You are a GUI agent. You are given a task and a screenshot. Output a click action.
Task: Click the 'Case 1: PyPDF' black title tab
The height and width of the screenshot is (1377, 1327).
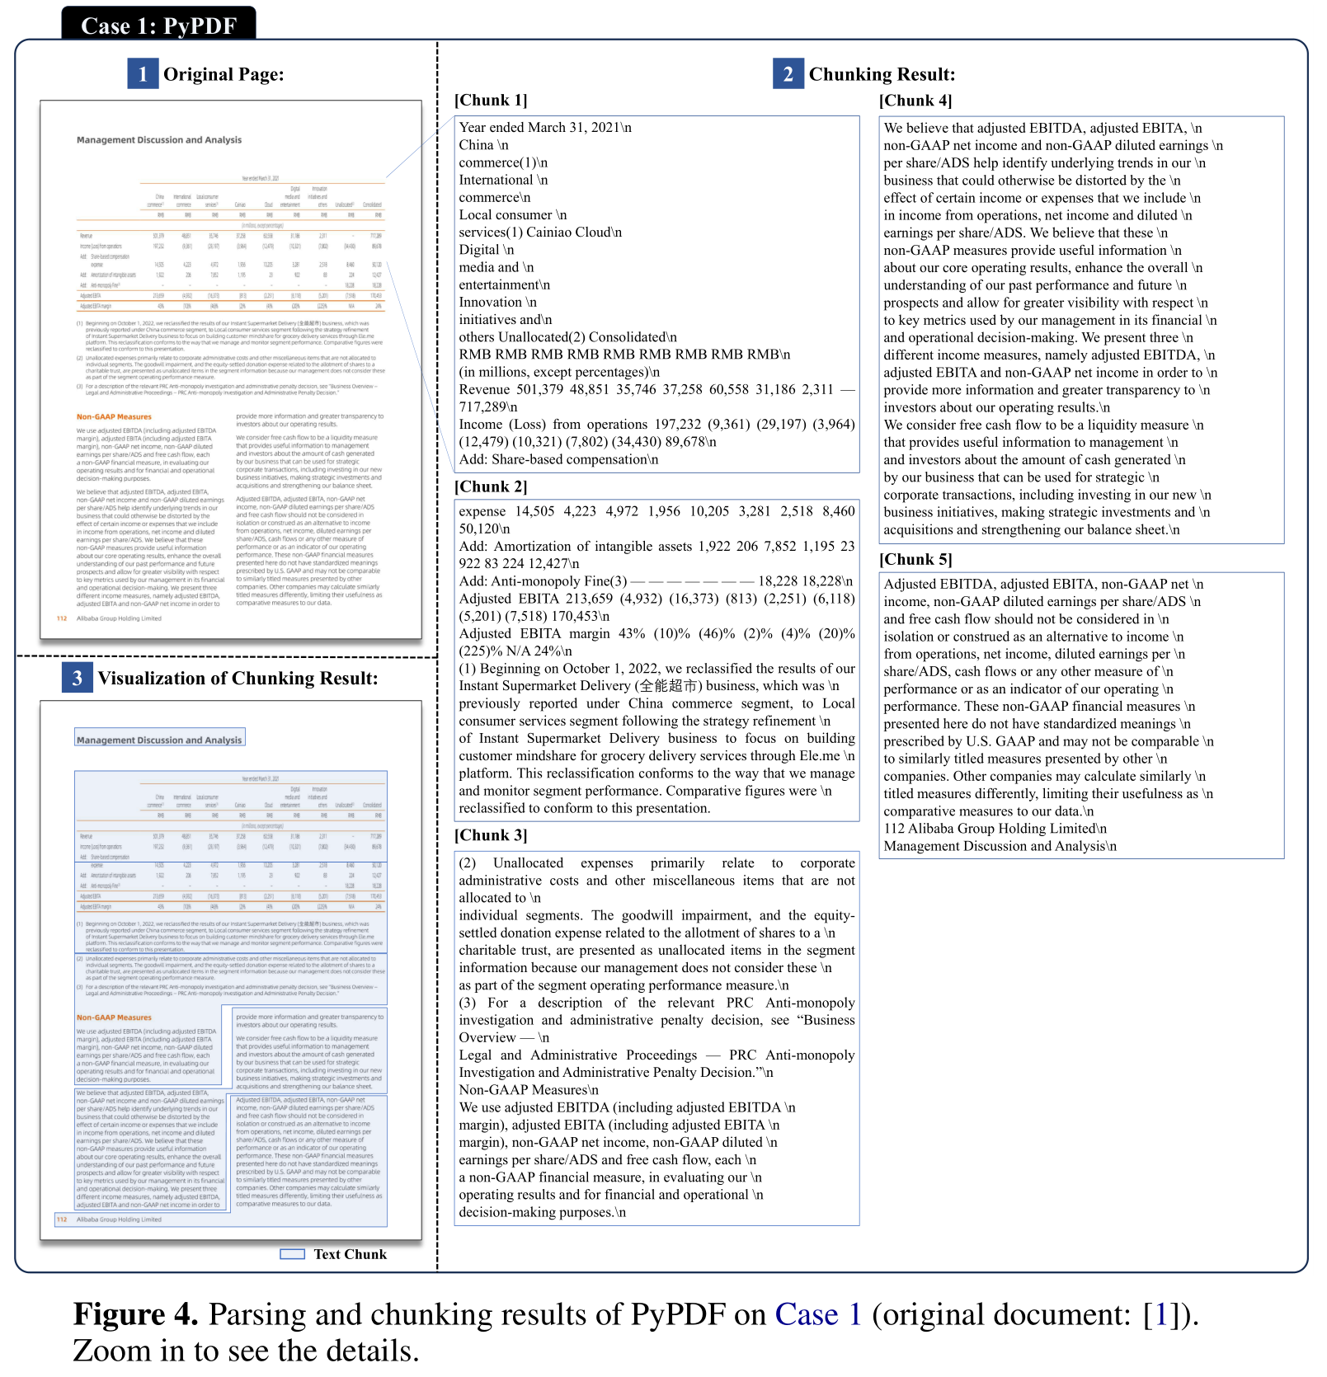point(158,25)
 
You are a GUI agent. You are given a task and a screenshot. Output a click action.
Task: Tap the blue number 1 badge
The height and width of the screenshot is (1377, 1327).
point(143,73)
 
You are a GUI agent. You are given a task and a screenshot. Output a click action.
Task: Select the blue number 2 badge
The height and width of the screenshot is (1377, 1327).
point(788,73)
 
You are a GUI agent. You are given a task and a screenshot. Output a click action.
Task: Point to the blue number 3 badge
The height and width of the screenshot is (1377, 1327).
point(77,678)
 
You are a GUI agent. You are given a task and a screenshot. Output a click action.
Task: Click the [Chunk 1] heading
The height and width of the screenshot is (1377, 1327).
point(491,101)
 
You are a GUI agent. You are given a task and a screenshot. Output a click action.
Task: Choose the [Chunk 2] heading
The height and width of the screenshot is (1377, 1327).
point(491,486)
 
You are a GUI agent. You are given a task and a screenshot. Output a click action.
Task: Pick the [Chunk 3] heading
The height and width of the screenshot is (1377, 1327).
point(491,835)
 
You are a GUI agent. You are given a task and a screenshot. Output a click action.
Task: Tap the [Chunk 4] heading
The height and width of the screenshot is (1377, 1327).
point(915,101)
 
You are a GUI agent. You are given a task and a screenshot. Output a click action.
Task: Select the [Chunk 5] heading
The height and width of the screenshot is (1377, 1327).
point(915,559)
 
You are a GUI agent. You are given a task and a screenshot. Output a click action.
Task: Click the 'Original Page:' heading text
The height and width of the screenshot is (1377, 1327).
point(224,74)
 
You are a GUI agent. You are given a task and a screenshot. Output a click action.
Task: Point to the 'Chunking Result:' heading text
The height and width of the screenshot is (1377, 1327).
point(882,74)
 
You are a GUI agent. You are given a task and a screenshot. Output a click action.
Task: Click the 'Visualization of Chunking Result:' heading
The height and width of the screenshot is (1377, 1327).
point(238,679)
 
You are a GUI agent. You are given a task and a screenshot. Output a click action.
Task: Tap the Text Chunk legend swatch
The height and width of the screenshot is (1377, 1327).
point(293,1254)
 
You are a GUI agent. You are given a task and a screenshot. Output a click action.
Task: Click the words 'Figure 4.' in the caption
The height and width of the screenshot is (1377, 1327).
point(135,1314)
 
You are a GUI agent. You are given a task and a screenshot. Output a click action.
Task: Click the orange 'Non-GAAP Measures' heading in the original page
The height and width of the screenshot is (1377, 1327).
point(114,417)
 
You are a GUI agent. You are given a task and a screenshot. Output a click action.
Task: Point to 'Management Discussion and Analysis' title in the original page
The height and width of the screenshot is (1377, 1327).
point(159,140)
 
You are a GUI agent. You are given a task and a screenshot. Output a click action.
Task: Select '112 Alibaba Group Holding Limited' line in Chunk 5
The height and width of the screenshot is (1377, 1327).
point(995,829)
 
